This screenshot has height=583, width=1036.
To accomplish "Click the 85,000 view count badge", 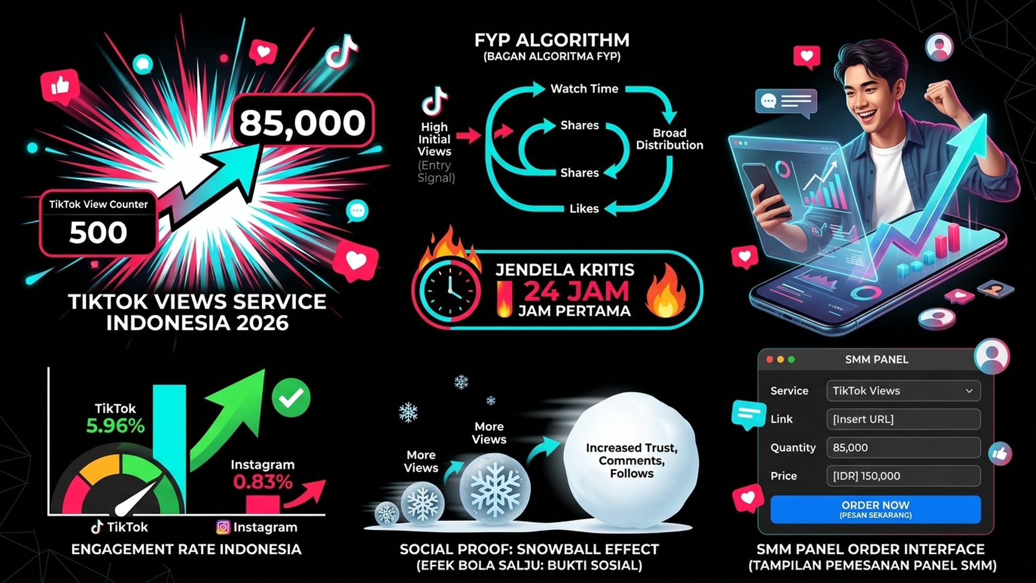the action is (303, 122).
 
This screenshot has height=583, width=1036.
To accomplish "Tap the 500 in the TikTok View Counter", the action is (98, 233).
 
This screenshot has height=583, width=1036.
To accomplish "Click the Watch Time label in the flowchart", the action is (584, 89).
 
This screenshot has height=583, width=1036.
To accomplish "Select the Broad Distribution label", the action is (670, 139).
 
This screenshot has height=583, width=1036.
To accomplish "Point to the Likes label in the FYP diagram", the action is (584, 208).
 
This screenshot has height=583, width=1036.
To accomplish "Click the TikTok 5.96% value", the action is (115, 426).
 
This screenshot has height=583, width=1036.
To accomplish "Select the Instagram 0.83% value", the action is (263, 482).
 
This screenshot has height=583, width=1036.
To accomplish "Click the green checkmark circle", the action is (291, 398).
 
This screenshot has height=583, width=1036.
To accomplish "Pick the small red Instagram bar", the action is (263, 505).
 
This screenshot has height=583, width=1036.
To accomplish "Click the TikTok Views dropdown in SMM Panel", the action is (903, 391).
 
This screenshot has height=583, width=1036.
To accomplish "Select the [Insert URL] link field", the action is (903, 419).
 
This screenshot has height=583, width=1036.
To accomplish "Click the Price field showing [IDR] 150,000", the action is (903, 476).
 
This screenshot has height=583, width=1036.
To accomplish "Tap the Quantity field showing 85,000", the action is (903, 448).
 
